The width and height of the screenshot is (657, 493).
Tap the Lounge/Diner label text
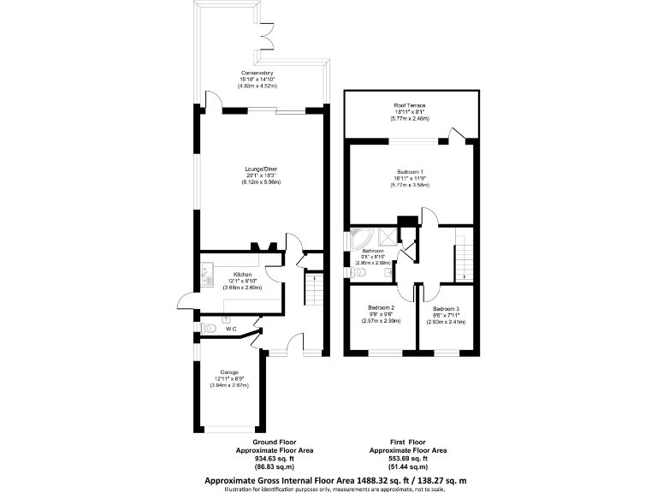pyautogui.click(x=261, y=169)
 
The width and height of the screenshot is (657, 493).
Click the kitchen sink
pyautogui.click(x=206, y=276)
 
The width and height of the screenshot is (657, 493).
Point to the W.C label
pyautogui.click(x=231, y=329)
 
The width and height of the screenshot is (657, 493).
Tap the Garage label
pyautogui.click(x=228, y=372)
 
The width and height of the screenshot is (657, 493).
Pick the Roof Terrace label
pyautogui.click(x=410, y=105)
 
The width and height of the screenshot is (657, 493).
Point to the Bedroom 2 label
pyautogui.click(x=381, y=307)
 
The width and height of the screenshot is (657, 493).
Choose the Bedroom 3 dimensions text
pyautogui.click(x=446, y=319)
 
